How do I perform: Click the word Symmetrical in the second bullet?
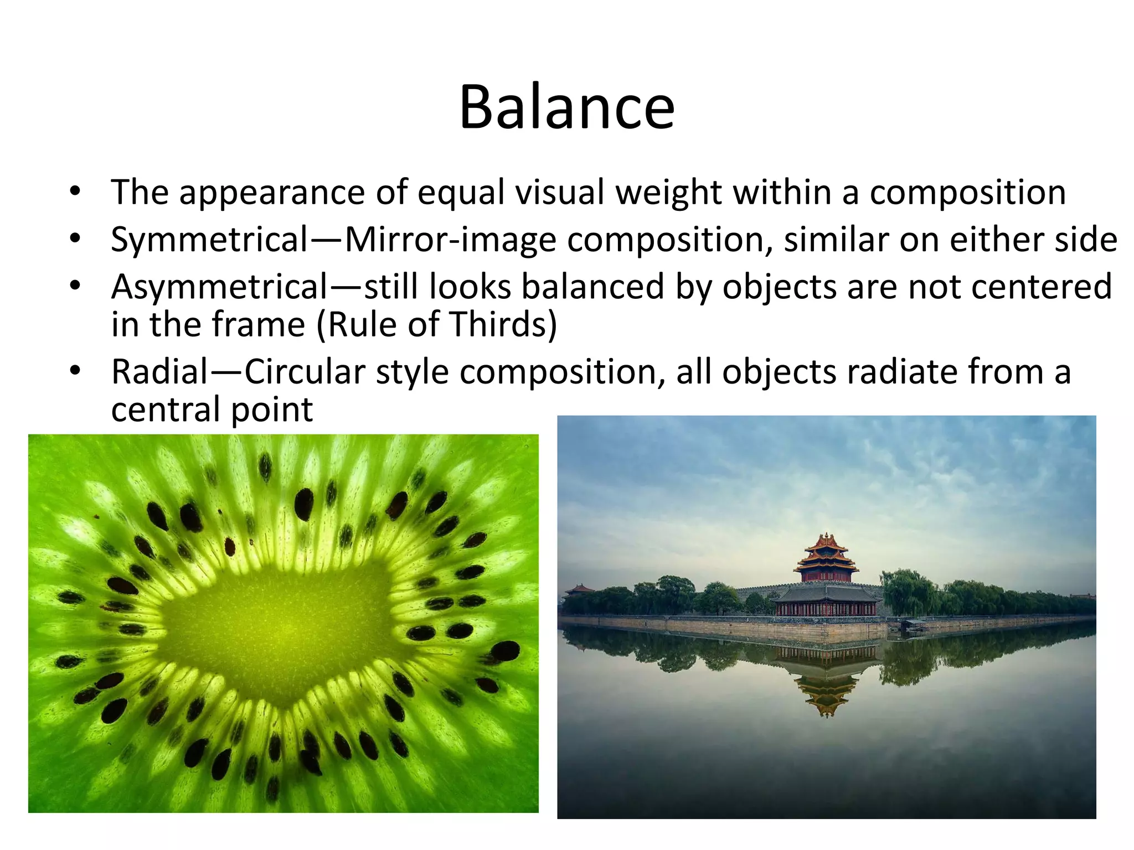209,240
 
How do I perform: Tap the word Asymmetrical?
219,287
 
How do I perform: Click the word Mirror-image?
450,240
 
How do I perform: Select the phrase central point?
212,410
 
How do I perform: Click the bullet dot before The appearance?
75,192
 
